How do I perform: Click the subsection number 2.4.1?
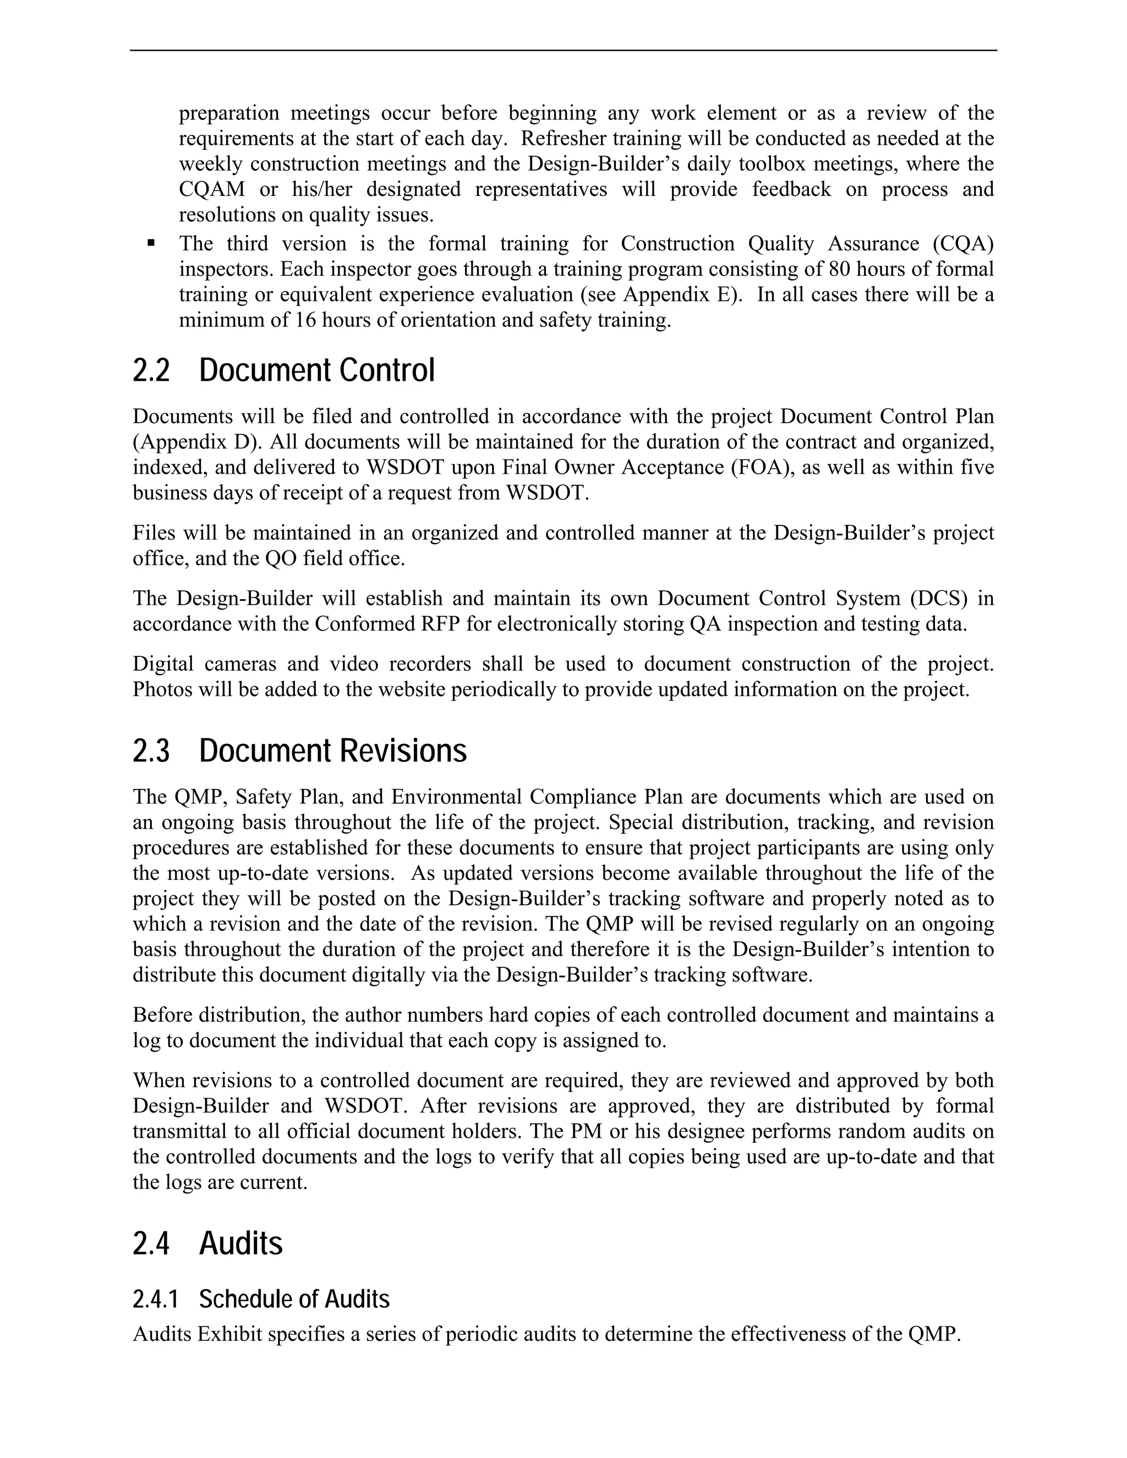(156, 1299)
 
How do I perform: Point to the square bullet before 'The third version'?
(151, 243)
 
